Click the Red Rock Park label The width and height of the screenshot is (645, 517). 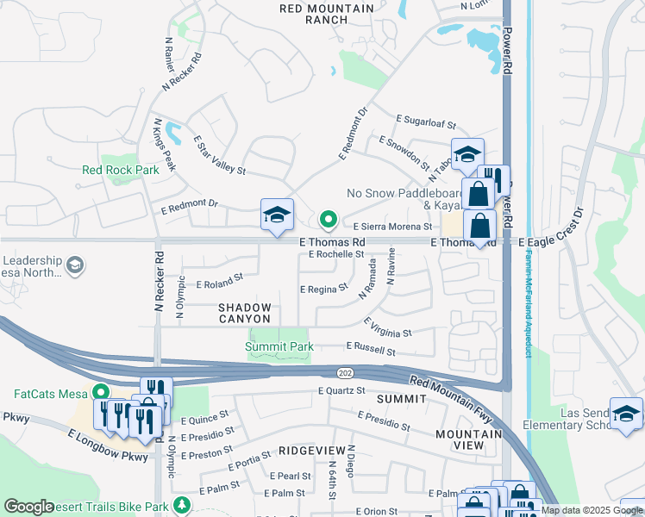click(x=121, y=170)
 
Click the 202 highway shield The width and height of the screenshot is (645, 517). click(x=343, y=371)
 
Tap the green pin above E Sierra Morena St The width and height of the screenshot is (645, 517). click(x=328, y=221)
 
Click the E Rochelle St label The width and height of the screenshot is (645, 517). click(x=331, y=254)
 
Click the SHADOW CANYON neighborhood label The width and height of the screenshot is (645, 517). click(x=245, y=313)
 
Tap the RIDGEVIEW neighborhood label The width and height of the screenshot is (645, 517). click(x=312, y=451)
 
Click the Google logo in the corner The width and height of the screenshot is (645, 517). click(x=28, y=507)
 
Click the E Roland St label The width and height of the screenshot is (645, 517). click(x=220, y=281)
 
